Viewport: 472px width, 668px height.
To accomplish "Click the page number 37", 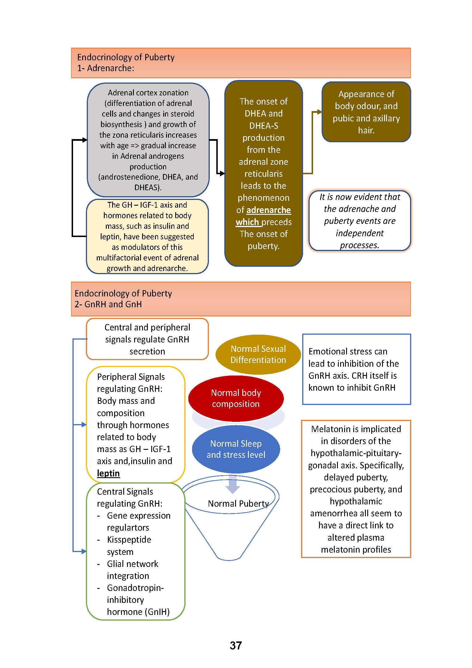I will point(236,645).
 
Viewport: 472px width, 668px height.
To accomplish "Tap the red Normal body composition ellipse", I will point(236,398).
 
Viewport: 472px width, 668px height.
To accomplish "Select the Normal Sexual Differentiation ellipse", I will point(258,354).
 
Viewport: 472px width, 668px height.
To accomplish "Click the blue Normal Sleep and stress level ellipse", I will point(236,449).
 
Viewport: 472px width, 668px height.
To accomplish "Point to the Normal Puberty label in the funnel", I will point(238,503).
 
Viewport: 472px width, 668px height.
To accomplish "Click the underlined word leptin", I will point(108,473).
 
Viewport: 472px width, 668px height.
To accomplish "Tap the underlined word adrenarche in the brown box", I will point(269,210).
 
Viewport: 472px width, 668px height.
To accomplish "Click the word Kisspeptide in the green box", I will point(129,540).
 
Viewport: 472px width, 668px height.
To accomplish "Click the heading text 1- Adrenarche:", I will point(106,68).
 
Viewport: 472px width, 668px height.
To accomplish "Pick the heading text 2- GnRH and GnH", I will point(108,304).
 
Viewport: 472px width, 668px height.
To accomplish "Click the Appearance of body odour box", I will point(366,112).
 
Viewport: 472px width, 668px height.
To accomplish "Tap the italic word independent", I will point(360,233).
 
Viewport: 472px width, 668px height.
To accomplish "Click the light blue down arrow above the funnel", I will point(233,484).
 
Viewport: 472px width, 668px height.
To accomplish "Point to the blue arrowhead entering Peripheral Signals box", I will point(84,425).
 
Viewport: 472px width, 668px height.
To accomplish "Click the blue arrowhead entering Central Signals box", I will point(84,551).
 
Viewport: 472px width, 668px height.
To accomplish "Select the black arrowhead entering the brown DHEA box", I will point(222,174).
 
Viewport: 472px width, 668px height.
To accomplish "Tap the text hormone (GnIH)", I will point(138,612).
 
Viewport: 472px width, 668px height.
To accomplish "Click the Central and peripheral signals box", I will point(147,339).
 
